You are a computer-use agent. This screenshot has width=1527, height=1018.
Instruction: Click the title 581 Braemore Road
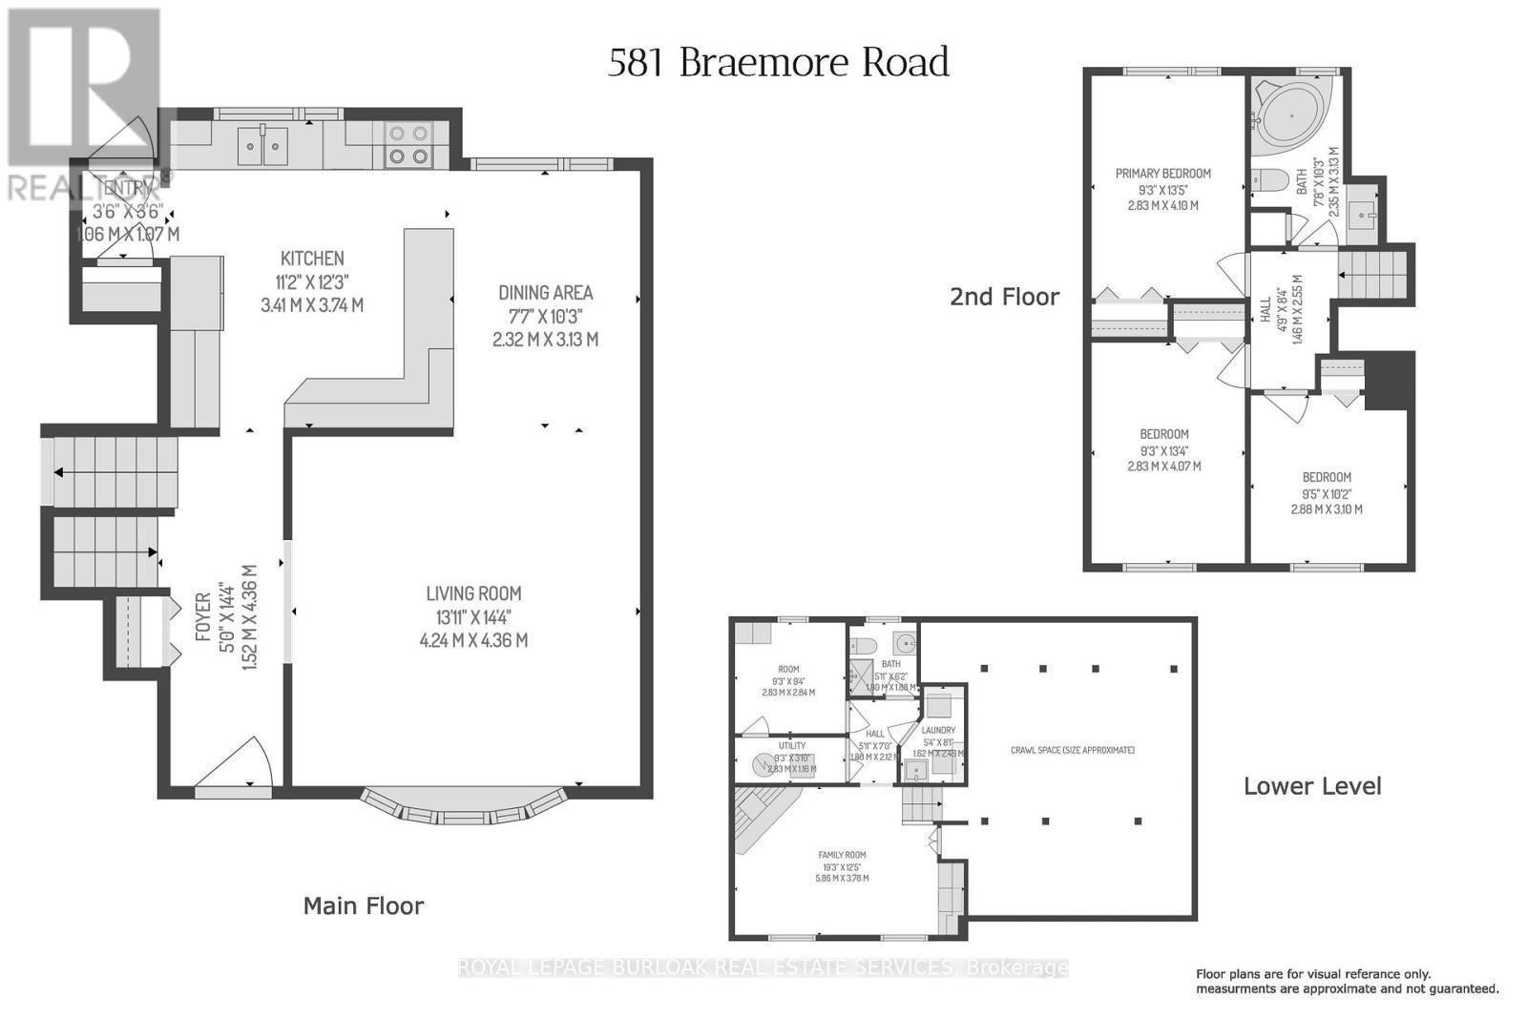(778, 62)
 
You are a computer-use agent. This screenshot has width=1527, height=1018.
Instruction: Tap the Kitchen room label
(312, 259)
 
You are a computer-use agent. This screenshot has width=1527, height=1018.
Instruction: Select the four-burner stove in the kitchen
(408, 145)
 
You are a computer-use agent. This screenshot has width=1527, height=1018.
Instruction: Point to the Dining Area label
(545, 293)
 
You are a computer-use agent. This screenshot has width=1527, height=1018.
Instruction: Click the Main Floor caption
(363, 905)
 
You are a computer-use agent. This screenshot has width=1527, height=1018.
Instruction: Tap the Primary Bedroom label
(1162, 174)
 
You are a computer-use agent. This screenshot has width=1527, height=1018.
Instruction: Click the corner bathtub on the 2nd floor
(1288, 114)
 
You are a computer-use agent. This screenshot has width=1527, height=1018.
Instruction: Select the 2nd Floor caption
(1004, 297)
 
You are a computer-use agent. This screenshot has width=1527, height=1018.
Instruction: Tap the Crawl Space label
(1072, 750)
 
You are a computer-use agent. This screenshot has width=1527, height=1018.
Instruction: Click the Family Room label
(842, 855)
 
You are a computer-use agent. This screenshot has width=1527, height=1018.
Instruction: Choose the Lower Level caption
(1312, 786)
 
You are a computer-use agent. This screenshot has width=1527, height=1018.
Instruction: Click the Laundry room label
(938, 730)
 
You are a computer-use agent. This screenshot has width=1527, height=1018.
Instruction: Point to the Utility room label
(791, 746)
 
